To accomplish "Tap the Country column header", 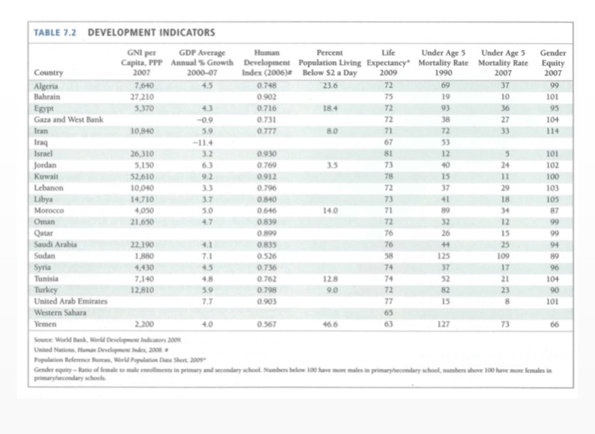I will point(50,74).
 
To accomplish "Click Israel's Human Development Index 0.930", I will point(265,154).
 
